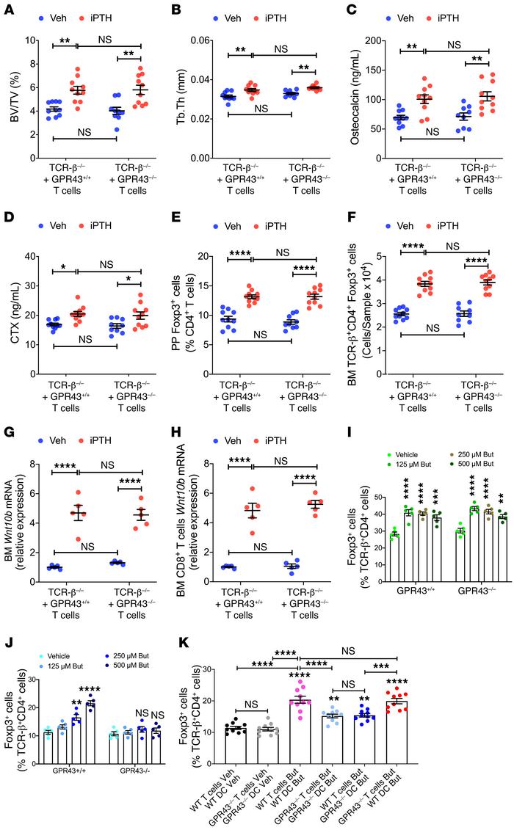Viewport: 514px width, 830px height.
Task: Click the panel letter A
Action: click(9, 9)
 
